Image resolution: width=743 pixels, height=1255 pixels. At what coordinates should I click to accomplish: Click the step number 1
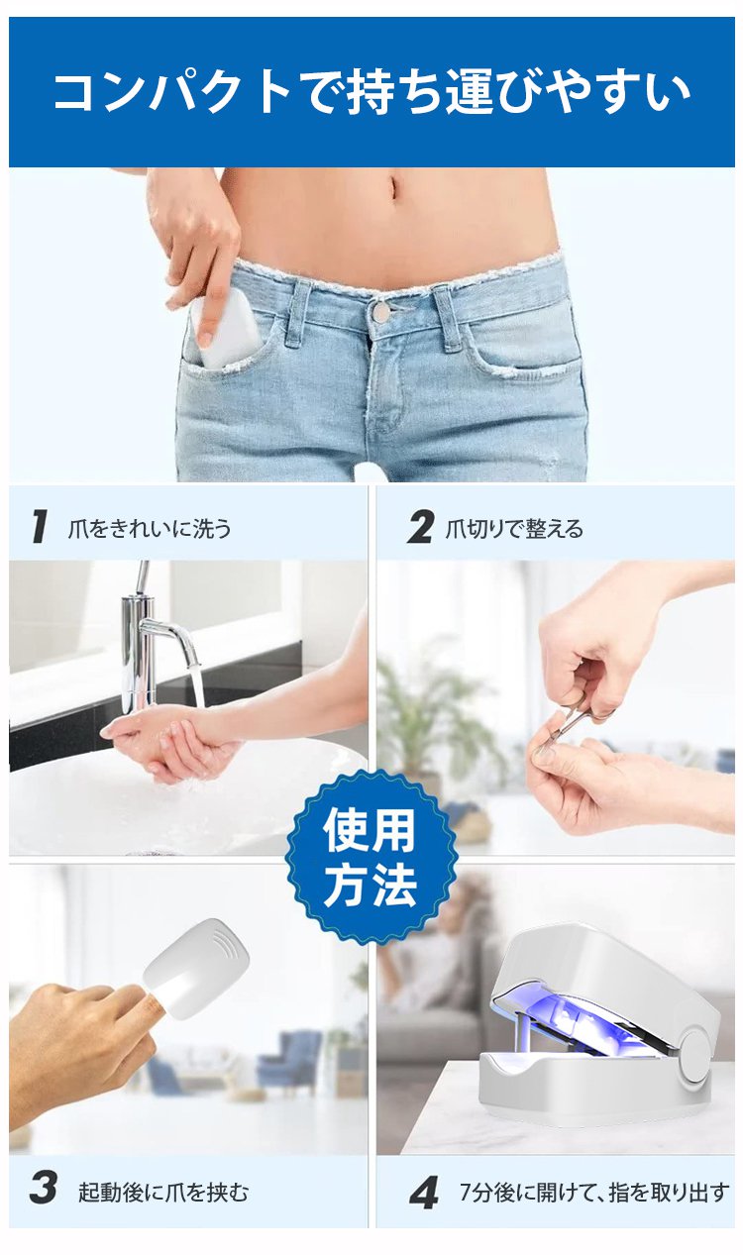pos(39,527)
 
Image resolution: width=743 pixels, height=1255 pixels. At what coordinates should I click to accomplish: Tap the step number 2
pos(420,527)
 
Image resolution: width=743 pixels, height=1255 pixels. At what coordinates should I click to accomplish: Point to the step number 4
pos(424,1193)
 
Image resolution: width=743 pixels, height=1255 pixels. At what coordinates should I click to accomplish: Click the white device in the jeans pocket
pos(224,331)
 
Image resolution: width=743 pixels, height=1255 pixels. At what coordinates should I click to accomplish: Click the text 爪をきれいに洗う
pos(150,529)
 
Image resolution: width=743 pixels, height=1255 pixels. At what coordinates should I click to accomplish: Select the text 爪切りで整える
pos(514,529)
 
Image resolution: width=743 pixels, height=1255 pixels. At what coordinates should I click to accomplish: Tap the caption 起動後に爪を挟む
pos(163,1192)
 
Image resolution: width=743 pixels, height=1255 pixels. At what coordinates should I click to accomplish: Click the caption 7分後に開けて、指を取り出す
pos(594,1192)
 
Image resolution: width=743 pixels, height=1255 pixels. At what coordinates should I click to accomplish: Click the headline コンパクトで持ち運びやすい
pos(371,92)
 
